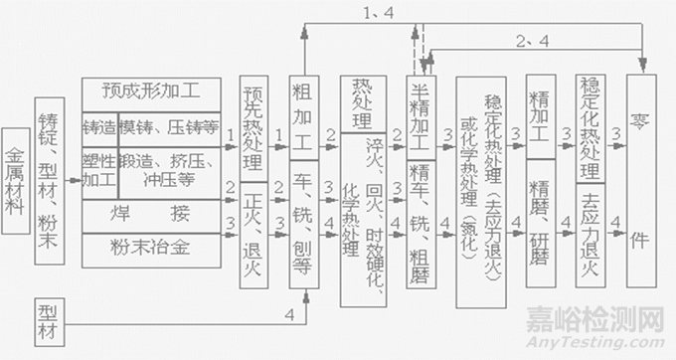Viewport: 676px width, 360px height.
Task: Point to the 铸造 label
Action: click(99, 126)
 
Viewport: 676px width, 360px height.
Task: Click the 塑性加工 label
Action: click(99, 170)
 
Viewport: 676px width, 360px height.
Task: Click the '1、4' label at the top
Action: click(381, 13)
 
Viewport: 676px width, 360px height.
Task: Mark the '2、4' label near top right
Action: click(532, 42)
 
